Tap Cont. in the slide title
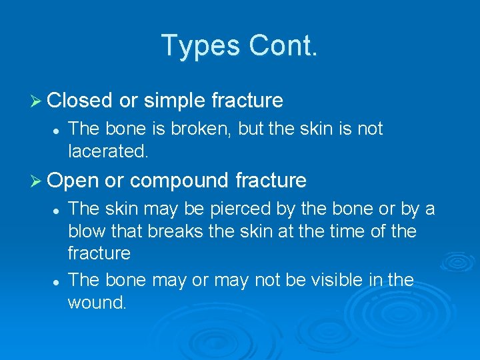click(x=283, y=46)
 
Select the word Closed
click(x=80, y=101)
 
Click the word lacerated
click(x=108, y=151)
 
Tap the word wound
click(x=97, y=302)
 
